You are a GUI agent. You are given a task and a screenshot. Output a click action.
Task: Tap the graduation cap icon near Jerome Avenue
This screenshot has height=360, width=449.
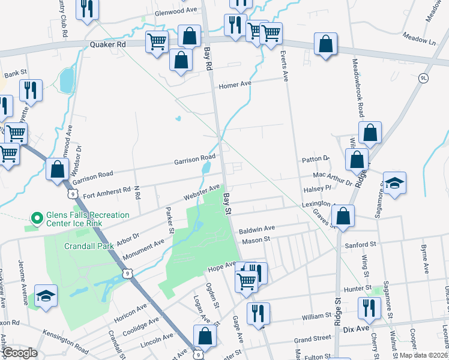tap(46, 295)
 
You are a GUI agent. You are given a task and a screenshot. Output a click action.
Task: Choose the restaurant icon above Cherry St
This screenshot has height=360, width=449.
tap(369, 308)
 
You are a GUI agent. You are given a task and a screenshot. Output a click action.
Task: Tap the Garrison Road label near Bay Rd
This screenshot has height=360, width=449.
tap(194, 160)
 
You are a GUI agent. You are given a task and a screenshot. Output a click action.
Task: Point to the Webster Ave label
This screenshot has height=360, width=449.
tap(202, 194)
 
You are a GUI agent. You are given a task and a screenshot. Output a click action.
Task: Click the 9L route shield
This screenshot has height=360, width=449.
tap(424, 78)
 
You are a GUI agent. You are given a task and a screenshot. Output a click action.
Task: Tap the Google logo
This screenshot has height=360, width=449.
tap(19, 353)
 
